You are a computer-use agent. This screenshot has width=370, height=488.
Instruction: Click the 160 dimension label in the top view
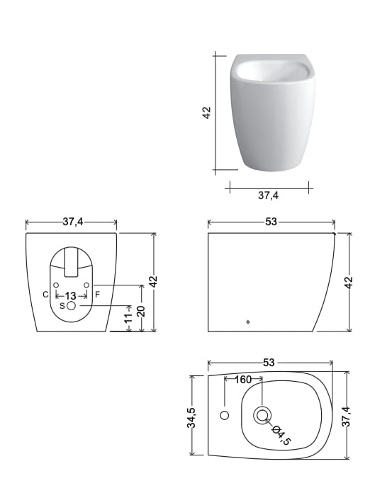pyautogui.click(x=243, y=380)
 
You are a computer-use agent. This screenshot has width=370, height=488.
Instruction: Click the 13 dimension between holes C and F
pyautogui.click(x=71, y=295)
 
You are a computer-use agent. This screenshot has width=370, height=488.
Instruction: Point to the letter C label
pyautogui.click(x=45, y=295)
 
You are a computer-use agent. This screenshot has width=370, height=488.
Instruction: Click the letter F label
pyautogui.click(x=97, y=295)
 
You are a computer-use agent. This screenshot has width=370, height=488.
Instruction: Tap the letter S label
pyautogui.click(x=62, y=306)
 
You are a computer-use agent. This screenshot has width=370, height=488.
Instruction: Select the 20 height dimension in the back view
pyautogui.click(x=141, y=311)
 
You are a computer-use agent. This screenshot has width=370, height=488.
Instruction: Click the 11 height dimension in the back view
pyautogui.click(x=128, y=317)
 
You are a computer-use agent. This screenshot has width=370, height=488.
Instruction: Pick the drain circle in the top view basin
pyautogui.click(x=262, y=415)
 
